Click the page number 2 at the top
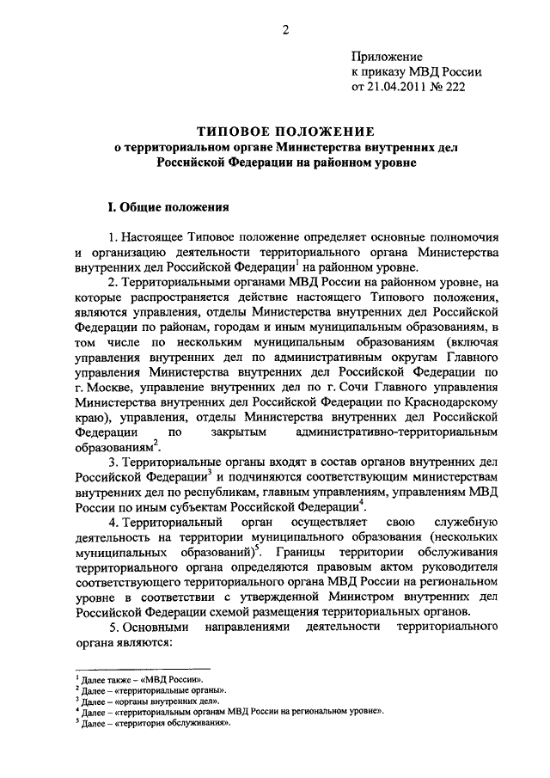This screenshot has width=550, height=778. pyautogui.click(x=284, y=32)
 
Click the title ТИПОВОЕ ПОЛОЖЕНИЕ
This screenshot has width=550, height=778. pyautogui.click(x=284, y=132)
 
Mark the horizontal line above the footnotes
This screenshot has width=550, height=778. pyautogui.click(x=143, y=667)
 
